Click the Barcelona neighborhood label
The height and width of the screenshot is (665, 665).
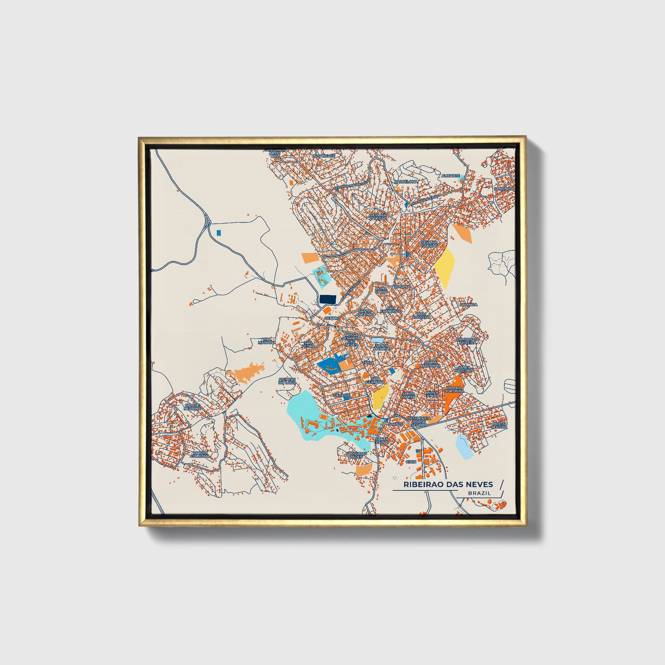click(x=406, y=181)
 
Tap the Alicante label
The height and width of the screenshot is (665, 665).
click(x=450, y=176)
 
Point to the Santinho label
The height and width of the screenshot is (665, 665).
click(x=503, y=189)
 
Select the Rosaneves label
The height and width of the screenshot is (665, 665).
click(x=323, y=155)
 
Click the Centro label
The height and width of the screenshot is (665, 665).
click(x=332, y=318)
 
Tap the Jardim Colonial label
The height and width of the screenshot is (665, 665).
click(x=200, y=454)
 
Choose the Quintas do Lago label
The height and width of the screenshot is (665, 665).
click(x=287, y=381)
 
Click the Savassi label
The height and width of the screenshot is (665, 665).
click(x=342, y=396)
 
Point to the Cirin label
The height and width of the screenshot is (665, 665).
click(x=411, y=462)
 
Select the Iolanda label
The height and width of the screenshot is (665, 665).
click(x=469, y=304)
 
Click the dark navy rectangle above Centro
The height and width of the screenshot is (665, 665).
click(x=328, y=299)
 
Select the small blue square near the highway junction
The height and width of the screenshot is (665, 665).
click(x=218, y=233)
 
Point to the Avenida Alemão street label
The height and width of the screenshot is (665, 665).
click(x=427, y=199)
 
